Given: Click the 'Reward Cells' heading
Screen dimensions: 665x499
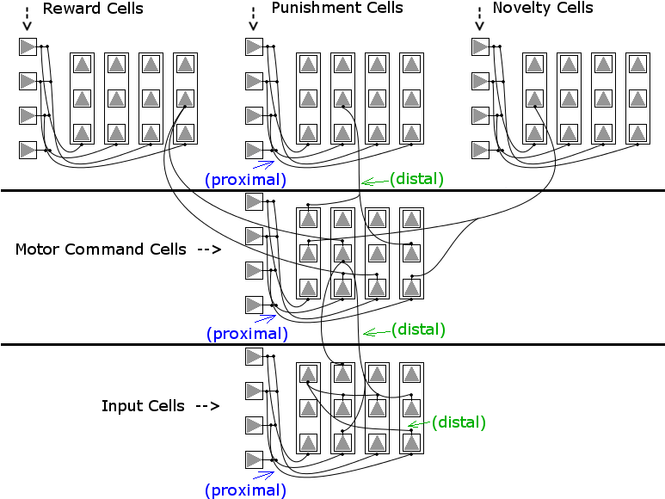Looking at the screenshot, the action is (x=93, y=9).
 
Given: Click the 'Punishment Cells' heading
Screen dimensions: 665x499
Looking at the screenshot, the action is (x=337, y=8).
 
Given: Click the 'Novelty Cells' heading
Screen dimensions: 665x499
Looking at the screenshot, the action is (x=543, y=8).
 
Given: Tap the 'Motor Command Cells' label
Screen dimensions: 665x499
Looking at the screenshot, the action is (x=101, y=249).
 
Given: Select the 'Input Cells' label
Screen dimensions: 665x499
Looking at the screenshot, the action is (x=143, y=406).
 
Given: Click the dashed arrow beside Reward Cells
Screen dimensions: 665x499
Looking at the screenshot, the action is (x=28, y=20).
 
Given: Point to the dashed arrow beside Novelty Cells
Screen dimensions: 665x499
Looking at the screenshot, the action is (x=479, y=20).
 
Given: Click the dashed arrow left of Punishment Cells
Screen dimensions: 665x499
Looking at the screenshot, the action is (x=253, y=20).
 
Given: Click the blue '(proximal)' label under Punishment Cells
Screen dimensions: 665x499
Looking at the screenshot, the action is (x=245, y=180).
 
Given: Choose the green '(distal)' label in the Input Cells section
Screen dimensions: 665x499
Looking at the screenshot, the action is (x=459, y=422).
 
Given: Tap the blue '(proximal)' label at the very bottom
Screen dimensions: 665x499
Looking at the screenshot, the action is (x=245, y=490).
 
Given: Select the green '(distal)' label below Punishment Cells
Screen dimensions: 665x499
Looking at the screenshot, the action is (x=417, y=179).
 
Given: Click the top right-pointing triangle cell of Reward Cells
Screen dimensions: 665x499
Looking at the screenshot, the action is (x=28, y=46).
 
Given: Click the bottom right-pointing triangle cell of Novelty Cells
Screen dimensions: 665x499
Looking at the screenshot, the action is (x=481, y=150).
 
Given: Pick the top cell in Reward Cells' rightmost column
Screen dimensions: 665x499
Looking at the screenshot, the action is (x=185, y=65).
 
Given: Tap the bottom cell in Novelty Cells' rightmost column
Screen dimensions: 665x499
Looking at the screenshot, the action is (x=637, y=133).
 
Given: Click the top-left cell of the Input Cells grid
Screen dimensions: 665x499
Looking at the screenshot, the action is (x=308, y=374).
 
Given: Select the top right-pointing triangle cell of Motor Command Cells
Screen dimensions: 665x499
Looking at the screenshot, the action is (x=254, y=202).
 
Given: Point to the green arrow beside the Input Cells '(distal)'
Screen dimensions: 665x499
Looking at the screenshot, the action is (x=419, y=423).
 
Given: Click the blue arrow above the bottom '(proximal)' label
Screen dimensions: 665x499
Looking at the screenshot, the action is (x=263, y=475).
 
